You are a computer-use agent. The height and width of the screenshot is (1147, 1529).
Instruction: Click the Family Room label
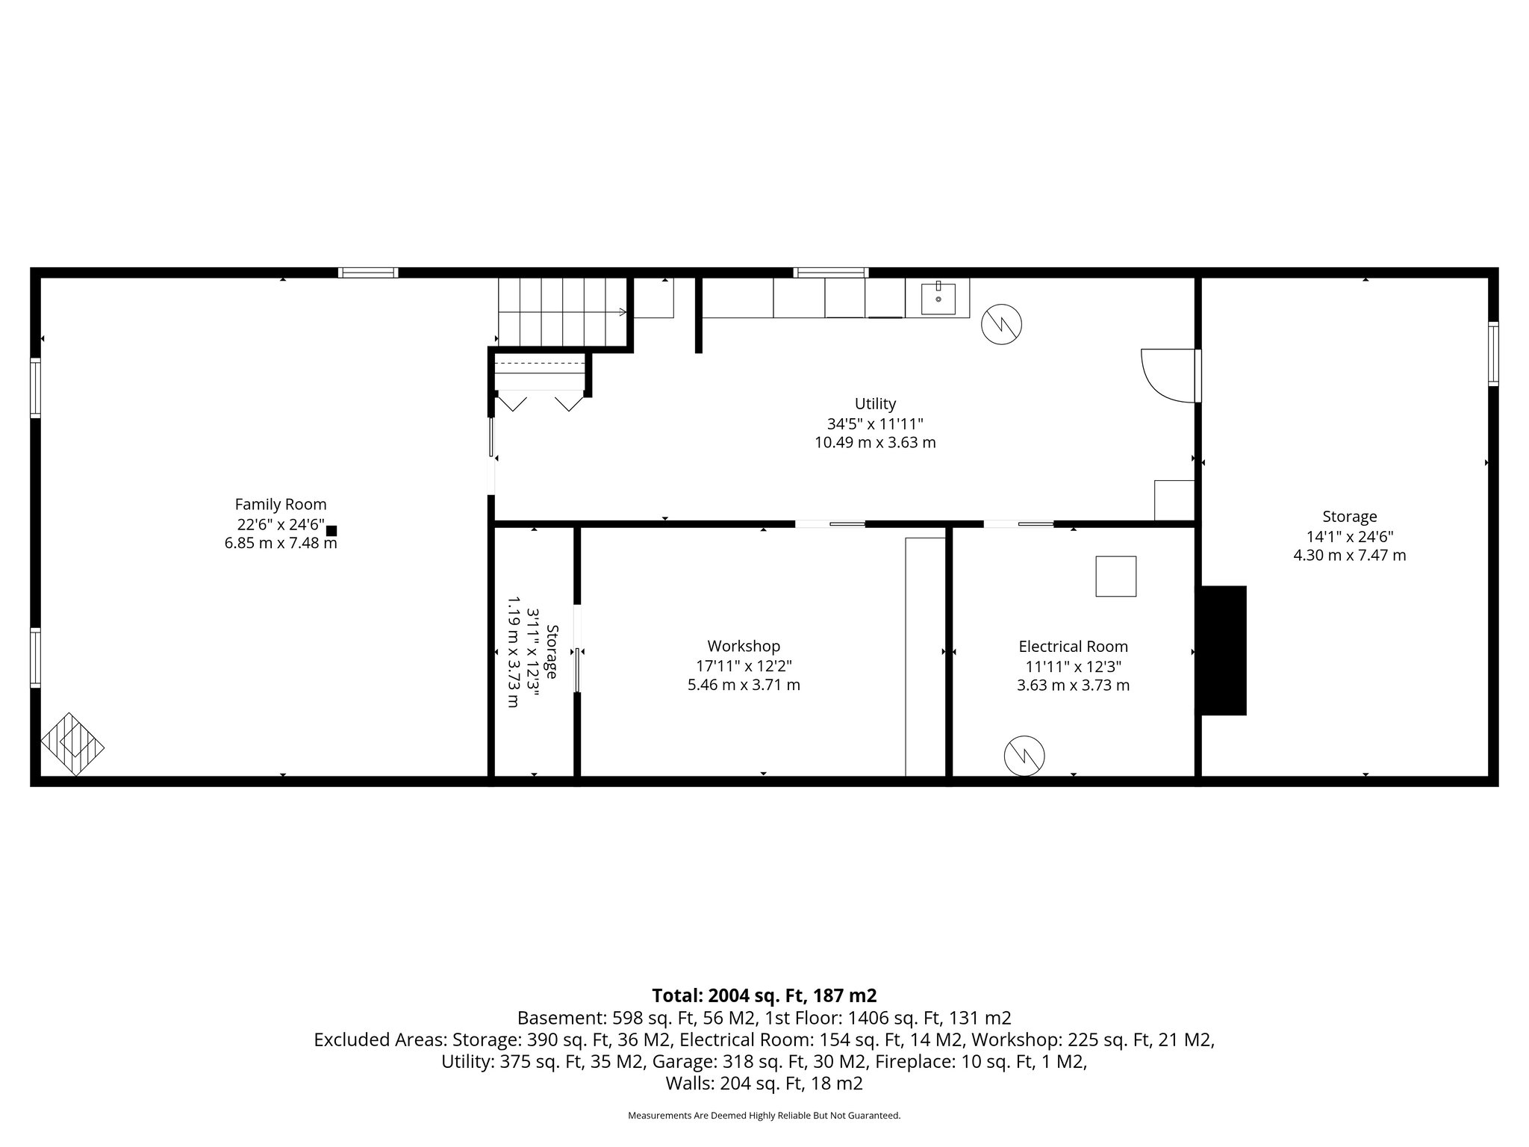(281, 504)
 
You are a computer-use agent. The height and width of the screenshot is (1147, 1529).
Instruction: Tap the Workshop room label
(744, 646)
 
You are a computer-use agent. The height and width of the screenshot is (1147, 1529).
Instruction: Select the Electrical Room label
(1073, 647)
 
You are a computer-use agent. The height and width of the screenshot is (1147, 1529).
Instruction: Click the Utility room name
(875, 404)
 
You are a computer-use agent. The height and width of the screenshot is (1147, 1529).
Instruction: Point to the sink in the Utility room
(938, 298)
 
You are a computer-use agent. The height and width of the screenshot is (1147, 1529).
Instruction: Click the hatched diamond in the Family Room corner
(72, 745)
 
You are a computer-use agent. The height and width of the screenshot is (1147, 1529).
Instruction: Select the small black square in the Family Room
(331, 531)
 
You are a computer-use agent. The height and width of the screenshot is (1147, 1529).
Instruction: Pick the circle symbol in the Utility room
(1001, 324)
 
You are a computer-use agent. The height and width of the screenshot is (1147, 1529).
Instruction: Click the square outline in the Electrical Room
(1115, 576)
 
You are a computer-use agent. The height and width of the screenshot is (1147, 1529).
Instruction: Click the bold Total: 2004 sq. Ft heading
(764, 995)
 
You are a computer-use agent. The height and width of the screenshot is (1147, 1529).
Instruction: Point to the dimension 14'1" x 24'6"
(1349, 536)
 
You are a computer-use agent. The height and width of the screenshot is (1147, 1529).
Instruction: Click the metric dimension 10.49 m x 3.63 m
(875, 443)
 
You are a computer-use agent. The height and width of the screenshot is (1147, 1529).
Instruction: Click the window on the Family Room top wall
(368, 273)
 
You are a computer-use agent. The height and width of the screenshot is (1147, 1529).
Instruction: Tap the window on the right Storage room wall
(1492, 354)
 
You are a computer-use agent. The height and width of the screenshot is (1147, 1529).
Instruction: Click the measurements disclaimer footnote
(764, 1116)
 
